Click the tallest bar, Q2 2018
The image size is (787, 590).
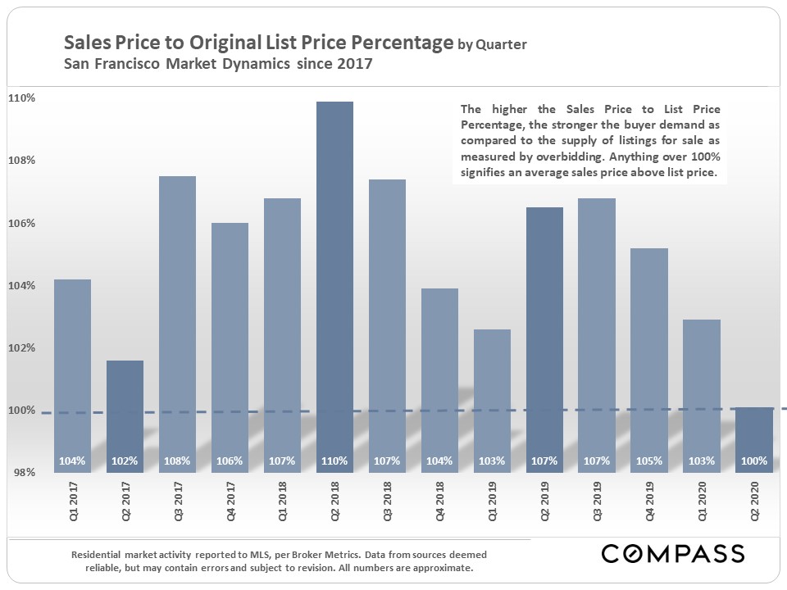point(334,279)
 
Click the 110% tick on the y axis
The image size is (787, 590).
point(21,98)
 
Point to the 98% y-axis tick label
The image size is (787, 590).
point(21,473)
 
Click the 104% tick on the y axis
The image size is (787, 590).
point(21,285)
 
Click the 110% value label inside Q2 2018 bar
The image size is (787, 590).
point(334,461)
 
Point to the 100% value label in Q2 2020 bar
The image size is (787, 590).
point(754,461)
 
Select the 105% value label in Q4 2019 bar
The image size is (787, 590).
point(649,461)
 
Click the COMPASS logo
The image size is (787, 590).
point(673,553)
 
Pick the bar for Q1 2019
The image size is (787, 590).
point(492,393)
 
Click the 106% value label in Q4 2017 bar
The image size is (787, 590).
point(230,461)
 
